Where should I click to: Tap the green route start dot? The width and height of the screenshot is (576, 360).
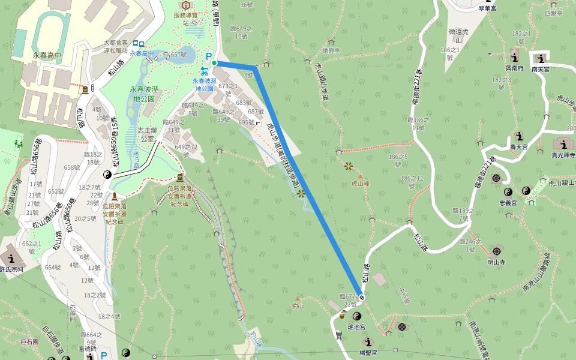tap(214, 62)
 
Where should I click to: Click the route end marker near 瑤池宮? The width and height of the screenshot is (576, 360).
tap(362, 297)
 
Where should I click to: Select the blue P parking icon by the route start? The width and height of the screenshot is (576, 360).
tap(209, 56)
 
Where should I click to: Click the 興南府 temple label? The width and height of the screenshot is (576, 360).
tap(515, 69)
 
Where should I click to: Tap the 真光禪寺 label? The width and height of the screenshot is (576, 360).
tap(563, 155)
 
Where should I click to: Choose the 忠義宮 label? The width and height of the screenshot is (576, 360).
tap(508, 203)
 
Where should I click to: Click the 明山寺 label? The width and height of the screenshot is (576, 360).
tap(496, 262)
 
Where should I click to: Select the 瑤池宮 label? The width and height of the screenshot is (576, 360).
tap(357, 328)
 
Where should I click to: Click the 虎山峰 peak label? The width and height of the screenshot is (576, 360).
tap(359, 184)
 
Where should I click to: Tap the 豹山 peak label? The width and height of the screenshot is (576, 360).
tap(298, 306)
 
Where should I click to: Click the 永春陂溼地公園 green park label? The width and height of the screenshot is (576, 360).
tap(144, 94)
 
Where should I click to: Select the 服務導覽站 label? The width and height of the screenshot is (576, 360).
tap(185, 19)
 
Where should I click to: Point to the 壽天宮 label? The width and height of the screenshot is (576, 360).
tap(518, 146)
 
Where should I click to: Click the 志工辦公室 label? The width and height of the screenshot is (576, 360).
tap(146, 134)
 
